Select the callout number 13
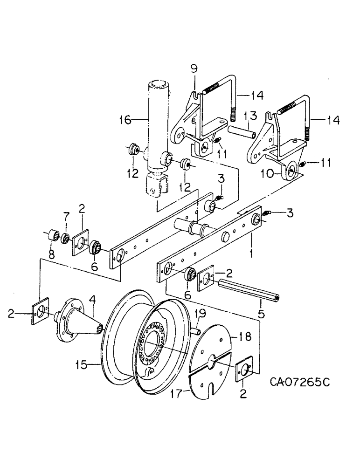tap(249, 115)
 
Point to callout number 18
tap(246, 336)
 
